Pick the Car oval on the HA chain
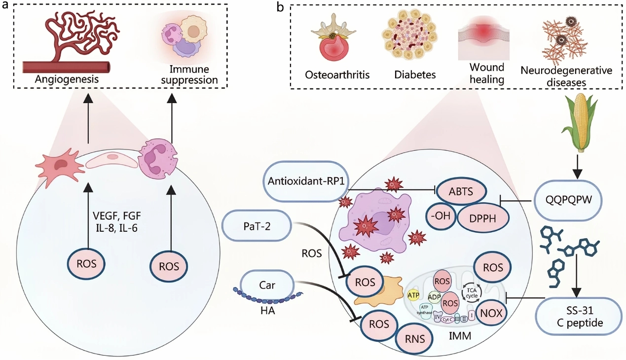(266, 285)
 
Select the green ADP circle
(434, 297)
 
